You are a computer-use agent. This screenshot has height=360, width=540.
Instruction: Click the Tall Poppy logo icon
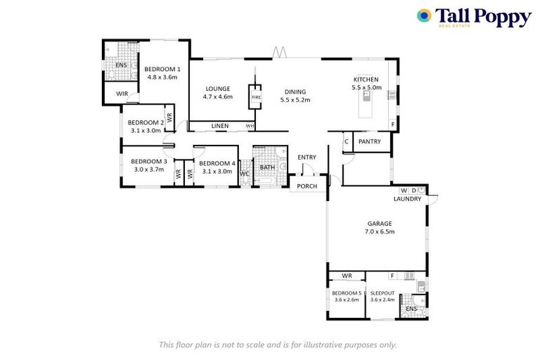(424, 16)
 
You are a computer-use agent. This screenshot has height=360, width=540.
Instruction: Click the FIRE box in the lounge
(255, 97)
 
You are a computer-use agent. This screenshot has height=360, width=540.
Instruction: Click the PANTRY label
(369, 141)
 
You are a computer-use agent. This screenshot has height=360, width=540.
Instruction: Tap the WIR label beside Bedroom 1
(121, 93)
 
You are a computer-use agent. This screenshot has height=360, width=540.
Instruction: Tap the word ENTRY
(307, 157)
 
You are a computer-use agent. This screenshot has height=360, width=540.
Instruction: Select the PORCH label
(307, 186)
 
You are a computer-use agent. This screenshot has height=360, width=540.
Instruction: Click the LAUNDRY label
(407, 199)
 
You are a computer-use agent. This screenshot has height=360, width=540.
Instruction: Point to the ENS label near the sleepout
(411, 308)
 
